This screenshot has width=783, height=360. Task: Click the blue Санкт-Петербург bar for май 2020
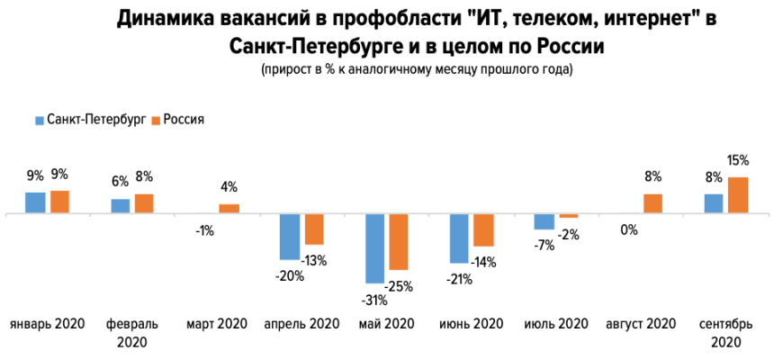click(374, 248)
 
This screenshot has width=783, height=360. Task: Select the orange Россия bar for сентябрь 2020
click(738, 195)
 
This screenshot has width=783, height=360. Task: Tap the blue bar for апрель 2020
click(289, 237)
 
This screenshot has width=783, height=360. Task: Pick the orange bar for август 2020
click(653, 203)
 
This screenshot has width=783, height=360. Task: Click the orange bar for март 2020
click(229, 209)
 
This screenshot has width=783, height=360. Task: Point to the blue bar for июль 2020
click(544, 221)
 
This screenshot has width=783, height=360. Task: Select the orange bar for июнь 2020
click(484, 230)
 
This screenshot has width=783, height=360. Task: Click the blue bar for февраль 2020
click(120, 206)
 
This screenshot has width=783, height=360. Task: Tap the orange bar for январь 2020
click(60, 202)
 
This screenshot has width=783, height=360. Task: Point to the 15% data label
click(739, 161)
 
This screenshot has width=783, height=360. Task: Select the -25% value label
click(399, 286)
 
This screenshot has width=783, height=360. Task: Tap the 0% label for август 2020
click(628, 230)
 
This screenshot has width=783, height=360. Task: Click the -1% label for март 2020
click(204, 230)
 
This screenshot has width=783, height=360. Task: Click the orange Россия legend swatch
click(155, 119)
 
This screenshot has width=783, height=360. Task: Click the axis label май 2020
click(386, 324)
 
